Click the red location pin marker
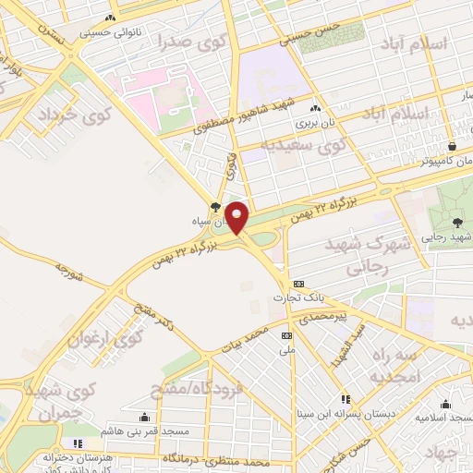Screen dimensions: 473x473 [x=237, y=217]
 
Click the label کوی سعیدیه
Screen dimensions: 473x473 [x=301, y=145]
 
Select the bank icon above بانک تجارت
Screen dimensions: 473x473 [x=297, y=283]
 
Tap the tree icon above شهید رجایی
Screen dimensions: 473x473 [x=458, y=222]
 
